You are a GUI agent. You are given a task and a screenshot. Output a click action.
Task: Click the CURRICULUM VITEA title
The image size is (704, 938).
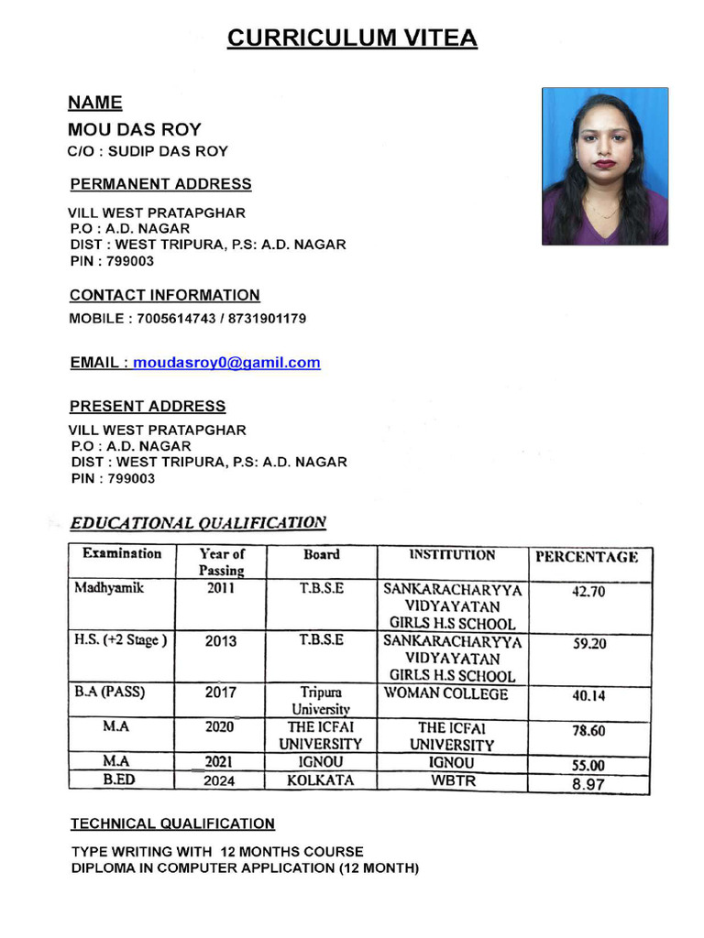click(x=352, y=38)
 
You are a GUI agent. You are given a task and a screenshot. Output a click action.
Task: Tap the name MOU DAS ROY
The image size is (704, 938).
click(x=134, y=129)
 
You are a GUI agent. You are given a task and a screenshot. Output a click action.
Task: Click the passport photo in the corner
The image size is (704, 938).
click(x=605, y=167)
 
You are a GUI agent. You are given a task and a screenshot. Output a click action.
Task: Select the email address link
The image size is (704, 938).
click(x=226, y=363)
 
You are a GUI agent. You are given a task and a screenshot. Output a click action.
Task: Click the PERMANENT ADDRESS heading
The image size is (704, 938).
click(x=160, y=184)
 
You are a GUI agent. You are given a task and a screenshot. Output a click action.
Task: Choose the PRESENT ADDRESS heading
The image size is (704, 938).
click(x=148, y=406)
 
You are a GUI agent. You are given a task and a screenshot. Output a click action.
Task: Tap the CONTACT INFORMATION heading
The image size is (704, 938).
click(x=165, y=295)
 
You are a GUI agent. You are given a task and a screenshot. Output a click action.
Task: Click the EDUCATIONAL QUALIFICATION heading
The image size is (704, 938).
click(x=198, y=523)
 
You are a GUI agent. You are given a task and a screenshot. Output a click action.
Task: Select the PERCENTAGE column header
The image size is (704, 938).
click(x=587, y=556)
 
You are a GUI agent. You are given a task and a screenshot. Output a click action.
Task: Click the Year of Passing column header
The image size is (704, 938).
click(x=221, y=562)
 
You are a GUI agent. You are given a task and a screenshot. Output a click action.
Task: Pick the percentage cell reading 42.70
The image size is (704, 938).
click(x=588, y=592)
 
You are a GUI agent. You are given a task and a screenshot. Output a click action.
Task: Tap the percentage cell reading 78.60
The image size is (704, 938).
click(x=588, y=731)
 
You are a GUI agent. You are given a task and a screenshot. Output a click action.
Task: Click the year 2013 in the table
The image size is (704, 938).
click(x=221, y=641)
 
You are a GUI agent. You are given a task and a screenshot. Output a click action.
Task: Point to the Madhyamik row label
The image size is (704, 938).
click(x=109, y=588)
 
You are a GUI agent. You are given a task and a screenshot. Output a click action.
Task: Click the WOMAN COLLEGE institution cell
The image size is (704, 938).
click(x=445, y=693)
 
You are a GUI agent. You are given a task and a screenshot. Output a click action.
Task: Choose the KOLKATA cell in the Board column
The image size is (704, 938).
click(x=320, y=780)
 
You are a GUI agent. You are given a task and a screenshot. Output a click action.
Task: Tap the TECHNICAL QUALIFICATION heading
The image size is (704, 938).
click(x=172, y=823)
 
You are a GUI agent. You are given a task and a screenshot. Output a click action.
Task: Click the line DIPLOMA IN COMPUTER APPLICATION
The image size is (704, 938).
click(x=245, y=867)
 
